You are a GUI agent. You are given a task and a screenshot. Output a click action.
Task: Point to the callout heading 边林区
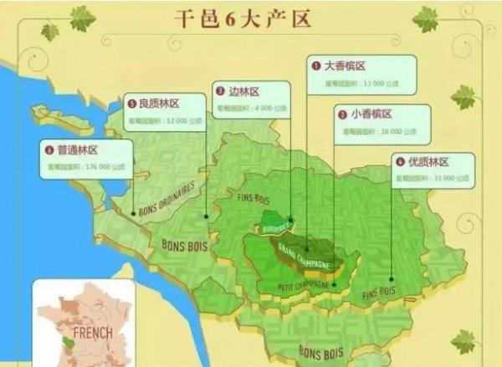(x=245, y=91)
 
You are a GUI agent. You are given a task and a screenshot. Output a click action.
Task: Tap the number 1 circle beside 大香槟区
(x=316, y=65)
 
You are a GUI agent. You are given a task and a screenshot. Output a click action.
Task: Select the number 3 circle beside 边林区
(x=219, y=91)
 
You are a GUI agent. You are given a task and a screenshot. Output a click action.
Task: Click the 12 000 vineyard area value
(x=179, y=120)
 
